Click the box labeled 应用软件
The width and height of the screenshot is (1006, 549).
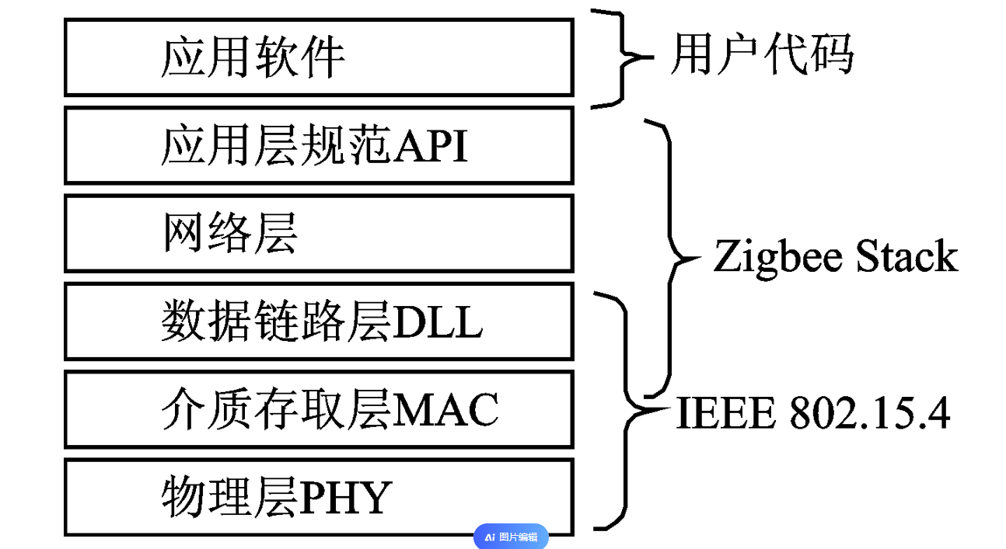[319, 57]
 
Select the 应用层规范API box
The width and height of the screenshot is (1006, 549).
[319, 145]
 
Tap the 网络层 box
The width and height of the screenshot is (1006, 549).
[319, 233]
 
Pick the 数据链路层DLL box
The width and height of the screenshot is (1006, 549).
[319, 321]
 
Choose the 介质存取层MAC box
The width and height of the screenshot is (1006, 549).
[319, 409]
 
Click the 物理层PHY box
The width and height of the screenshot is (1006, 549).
[319, 497]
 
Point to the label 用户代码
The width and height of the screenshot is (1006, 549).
[761, 56]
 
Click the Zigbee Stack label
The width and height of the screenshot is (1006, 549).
[835, 257]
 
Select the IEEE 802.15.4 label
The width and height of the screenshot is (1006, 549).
[813, 413]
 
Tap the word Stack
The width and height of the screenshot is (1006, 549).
[906, 257]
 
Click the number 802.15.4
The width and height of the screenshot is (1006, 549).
[870, 413]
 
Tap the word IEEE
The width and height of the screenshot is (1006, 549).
[726, 413]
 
